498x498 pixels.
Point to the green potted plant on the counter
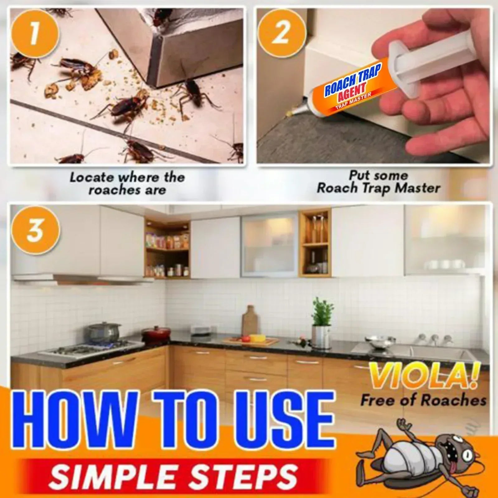coord(321,311)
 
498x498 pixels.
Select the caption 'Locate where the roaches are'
coord(127,184)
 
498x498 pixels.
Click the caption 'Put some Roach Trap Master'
coord(378,182)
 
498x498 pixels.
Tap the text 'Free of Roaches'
coord(423,400)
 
